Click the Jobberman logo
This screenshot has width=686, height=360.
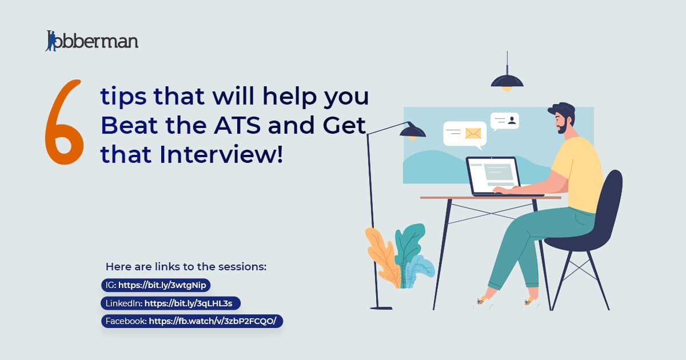92,41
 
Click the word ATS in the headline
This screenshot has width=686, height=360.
237,125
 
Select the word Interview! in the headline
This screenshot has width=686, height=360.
221,154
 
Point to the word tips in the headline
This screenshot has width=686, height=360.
123,97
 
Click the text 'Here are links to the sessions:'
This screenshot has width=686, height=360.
186,267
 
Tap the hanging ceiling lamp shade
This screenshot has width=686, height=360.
507,81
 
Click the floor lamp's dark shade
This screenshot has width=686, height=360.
413,131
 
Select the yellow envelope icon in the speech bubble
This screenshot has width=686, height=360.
473,134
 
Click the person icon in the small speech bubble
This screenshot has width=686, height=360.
512,121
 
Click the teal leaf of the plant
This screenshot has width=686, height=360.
409,245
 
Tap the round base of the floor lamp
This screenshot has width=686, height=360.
381,308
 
